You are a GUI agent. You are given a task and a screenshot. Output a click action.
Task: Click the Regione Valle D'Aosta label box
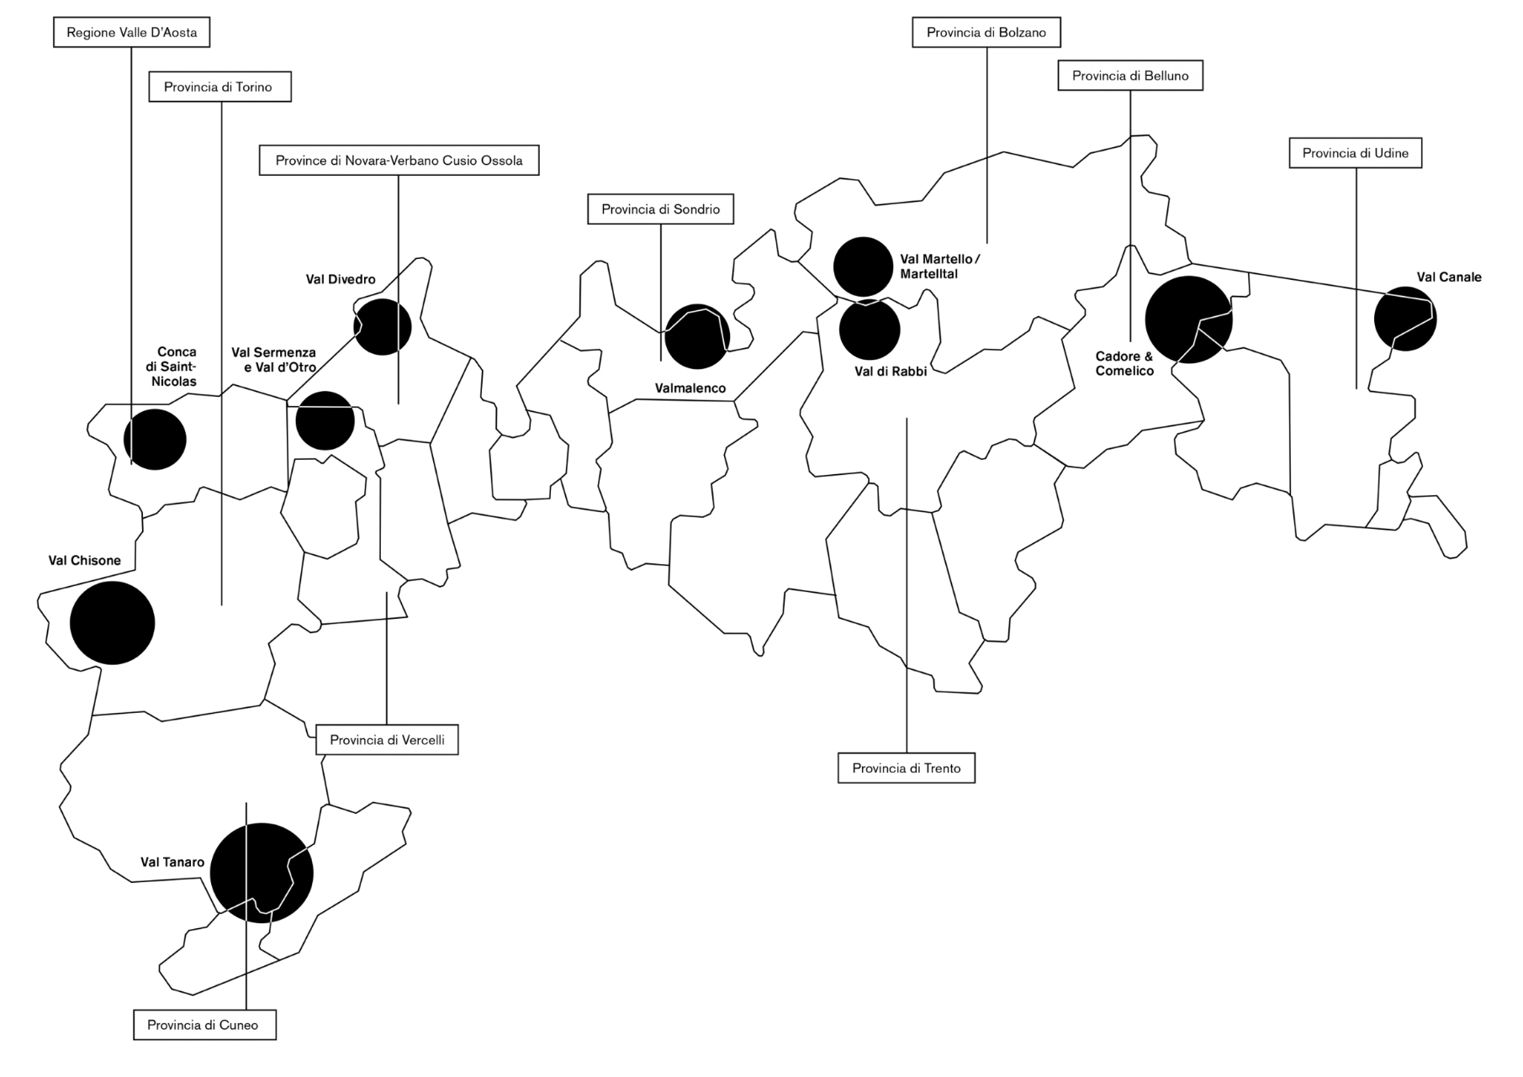131,33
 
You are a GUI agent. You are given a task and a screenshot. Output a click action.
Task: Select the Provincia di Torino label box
220,87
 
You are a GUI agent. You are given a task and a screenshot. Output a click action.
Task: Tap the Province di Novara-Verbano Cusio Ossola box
399,160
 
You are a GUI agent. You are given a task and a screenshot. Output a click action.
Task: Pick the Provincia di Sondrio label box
660,209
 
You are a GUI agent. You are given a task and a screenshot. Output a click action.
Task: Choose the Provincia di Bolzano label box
986,33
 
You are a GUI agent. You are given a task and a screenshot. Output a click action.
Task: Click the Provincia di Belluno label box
1130,76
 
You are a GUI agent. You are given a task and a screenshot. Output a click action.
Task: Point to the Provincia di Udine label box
1356,153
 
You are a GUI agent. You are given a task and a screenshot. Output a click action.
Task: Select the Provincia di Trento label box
907,768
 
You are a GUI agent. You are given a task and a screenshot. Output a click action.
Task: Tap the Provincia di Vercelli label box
387,740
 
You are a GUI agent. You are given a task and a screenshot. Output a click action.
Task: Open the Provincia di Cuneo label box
204,1025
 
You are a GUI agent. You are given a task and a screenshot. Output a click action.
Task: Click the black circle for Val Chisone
113,623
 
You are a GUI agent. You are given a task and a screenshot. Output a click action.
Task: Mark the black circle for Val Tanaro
262,873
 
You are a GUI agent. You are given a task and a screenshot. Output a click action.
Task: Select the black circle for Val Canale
1405,319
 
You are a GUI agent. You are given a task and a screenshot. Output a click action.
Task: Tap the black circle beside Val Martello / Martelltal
863,267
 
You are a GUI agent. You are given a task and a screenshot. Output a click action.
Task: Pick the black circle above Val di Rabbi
870,330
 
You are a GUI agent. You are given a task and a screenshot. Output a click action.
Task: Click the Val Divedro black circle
383,326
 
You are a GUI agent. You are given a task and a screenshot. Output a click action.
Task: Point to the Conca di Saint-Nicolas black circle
155,439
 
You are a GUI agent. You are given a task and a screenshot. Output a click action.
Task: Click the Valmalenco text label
690,388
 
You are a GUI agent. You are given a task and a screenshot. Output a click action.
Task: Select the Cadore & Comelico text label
1124,364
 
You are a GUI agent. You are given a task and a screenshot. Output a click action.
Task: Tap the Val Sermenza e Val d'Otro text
274,360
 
